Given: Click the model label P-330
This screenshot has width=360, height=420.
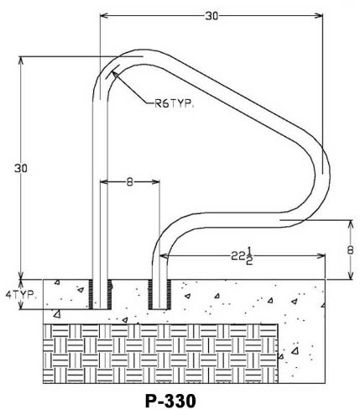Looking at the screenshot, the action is (x=170, y=402).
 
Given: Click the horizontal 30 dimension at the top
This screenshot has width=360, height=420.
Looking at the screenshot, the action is (x=211, y=16).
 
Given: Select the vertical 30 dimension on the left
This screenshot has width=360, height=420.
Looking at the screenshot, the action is (x=21, y=168).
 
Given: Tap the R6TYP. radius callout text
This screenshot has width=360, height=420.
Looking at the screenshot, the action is (x=174, y=104).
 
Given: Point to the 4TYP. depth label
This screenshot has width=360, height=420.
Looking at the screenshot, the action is (x=21, y=295).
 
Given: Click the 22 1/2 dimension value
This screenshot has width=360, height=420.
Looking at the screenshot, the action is (x=242, y=256).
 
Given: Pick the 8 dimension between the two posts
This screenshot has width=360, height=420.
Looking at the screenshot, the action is (x=129, y=182).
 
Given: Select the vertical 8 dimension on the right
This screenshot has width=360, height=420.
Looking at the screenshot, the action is (x=351, y=250).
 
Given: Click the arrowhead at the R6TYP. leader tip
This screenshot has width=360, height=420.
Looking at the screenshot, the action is (x=115, y=74).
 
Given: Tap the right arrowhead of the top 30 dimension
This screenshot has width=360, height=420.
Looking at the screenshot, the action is (x=319, y=15).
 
